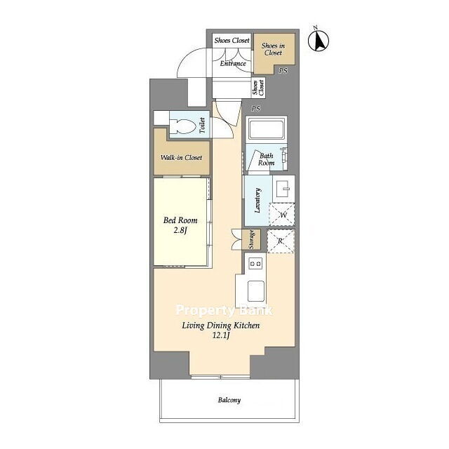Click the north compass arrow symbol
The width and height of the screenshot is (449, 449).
[x=319, y=39]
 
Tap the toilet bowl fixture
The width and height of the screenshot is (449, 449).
[x=182, y=126]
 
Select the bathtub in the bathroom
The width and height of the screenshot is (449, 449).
[x=267, y=129]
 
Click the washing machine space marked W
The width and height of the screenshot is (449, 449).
[x=282, y=214]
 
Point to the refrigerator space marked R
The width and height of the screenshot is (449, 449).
[x=281, y=241]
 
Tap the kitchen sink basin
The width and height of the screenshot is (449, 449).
[x=255, y=291]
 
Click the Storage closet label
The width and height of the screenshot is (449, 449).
[x=251, y=239]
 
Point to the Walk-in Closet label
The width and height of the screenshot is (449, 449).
[x=181, y=157]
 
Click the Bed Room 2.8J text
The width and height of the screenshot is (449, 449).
[x=180, y=225]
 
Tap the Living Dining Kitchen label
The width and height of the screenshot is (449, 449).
[x=221, y=326]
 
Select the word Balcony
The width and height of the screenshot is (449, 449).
[x=229, y=400]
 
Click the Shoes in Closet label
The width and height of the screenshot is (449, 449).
[x=273, y=49]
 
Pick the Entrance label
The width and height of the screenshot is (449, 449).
[x=233, y=63]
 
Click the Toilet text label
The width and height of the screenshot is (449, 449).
[x=202, y=126]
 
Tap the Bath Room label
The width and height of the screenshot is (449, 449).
[x=267, y=159]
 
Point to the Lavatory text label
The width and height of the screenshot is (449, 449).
[x=257, y=201]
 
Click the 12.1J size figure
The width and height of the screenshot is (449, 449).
[x=221, y=335]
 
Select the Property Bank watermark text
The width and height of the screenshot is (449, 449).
[x=224, y=310]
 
